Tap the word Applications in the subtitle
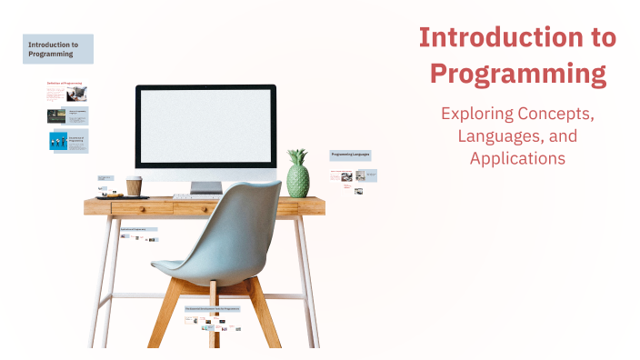point(517,157)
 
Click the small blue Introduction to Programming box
point(58,49)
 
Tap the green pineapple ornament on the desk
point(297,178)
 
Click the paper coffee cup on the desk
point(134,185)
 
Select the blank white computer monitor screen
point(205,128)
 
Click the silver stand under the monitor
point(205,186)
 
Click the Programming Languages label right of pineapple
point(349,155)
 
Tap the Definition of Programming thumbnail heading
point(65,83)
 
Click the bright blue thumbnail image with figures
point(57,141)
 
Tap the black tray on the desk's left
point(111,195)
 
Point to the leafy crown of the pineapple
point(297,157)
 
